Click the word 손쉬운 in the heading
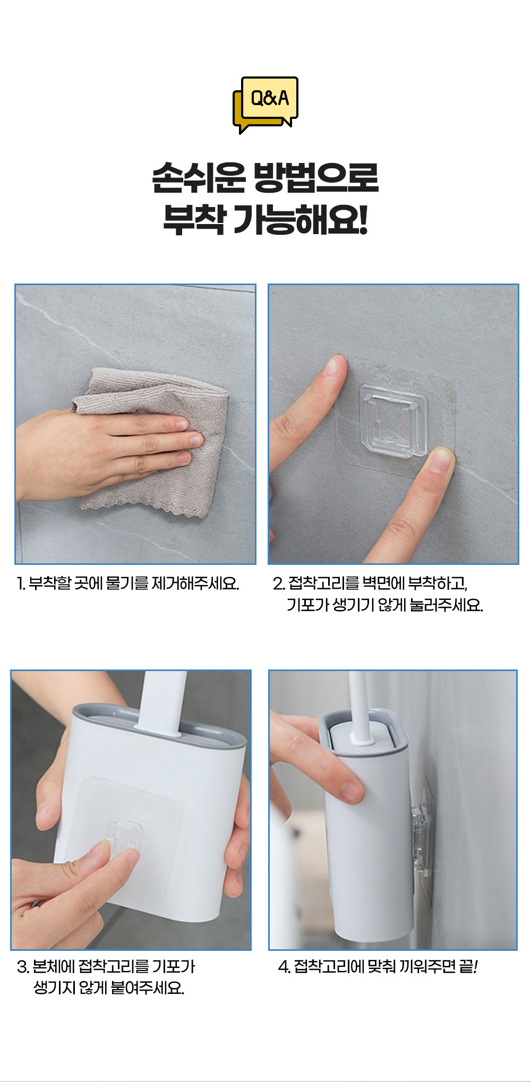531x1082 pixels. coord(199,178)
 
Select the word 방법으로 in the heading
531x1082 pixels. coord(316,178)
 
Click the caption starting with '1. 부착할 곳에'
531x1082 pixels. coord(128,583)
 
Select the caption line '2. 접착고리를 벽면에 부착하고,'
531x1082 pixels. coord(370,583)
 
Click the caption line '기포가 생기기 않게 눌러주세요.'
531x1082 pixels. coord(385,605)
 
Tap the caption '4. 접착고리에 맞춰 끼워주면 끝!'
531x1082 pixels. coord(378,967)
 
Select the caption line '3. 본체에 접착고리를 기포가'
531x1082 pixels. coord(106,967)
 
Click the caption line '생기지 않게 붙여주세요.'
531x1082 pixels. coord(109,988)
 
